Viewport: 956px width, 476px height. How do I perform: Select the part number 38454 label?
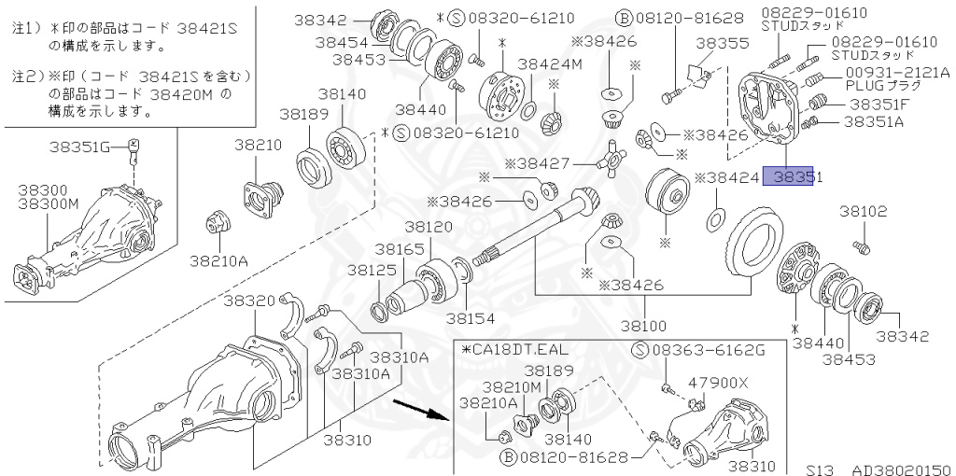pos(341,42)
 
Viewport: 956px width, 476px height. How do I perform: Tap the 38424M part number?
pos(550,64)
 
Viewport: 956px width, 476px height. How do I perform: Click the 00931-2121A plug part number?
pos(897,72)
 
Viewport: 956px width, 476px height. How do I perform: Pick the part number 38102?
pos(862,212)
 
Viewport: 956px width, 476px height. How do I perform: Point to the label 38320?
pos(249,301)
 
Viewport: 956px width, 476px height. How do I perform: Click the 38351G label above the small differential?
pos(86,146)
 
